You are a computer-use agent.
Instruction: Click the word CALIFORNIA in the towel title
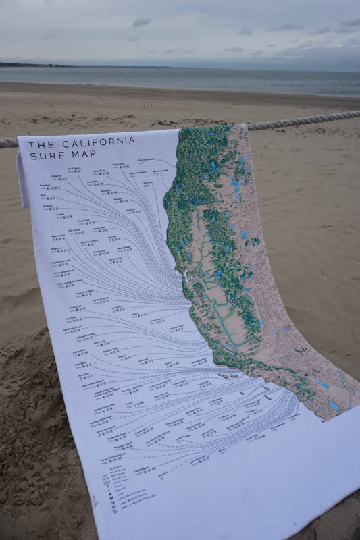click(99, 143)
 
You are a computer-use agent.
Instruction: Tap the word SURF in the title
click(43, 156)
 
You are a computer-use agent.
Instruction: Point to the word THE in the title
click(40, 144)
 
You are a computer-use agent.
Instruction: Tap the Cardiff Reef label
click(140, 468)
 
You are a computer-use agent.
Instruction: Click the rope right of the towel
click(304, 120)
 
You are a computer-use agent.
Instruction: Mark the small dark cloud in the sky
click(142, 22)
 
